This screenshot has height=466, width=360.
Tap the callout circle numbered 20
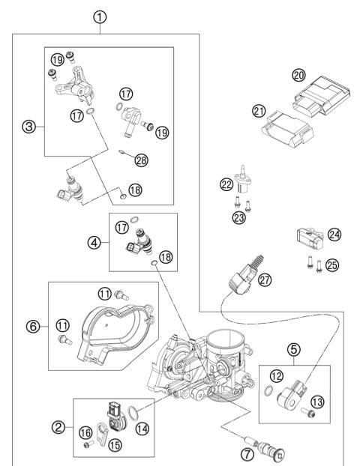pos(299,76)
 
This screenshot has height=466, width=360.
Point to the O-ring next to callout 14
pos(133,411)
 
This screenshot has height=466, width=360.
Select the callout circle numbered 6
pos(32,326)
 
